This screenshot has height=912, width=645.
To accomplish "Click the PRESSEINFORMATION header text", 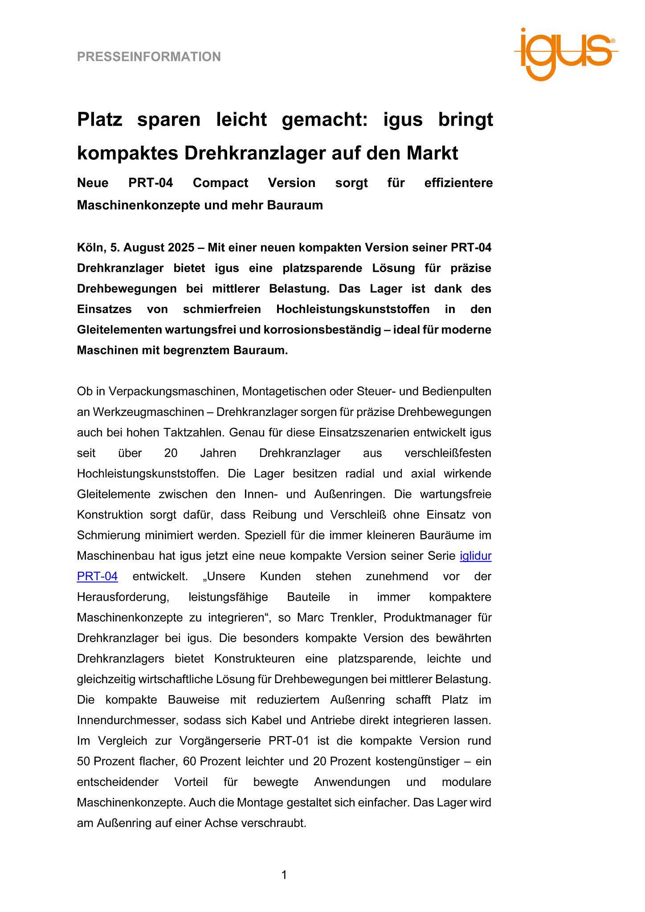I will (x=149, y=57).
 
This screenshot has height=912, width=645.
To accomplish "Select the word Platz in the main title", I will (x=99, y=119).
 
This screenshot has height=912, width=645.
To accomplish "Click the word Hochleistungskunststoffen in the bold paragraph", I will (x=353, y=309).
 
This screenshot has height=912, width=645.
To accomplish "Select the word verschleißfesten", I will (x=448, y=453).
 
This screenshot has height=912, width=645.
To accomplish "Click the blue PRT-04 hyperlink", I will (x=97, y=576).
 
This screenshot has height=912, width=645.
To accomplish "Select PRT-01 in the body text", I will (x=289, y=741).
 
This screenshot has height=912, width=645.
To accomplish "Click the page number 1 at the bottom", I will (x=284, y=875).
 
